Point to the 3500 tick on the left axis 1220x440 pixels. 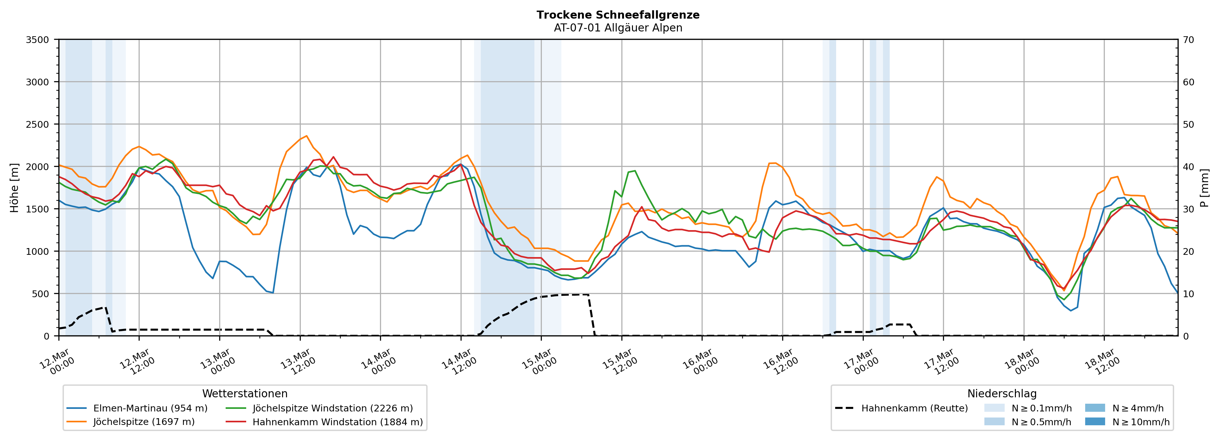(38, 40)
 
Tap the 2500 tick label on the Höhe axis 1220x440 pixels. (38, 125)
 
